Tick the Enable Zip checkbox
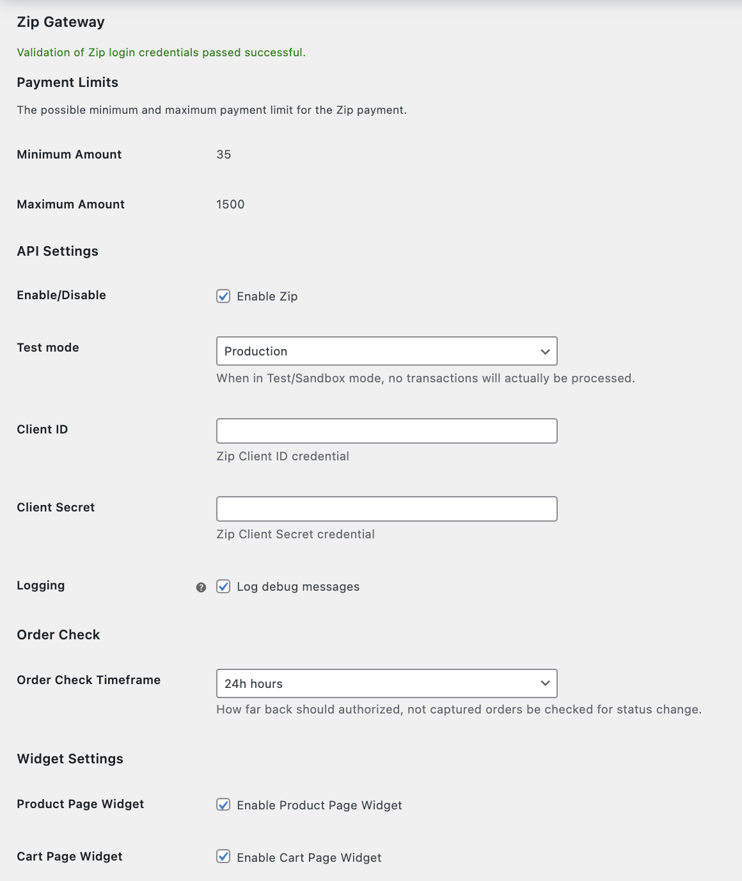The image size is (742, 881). tap(223, 296)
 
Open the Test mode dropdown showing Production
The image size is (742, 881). tap(386, 351)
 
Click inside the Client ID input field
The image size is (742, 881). tap(386, 431)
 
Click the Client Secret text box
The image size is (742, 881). tap(386, 509)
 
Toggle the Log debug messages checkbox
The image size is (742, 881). tap(223, 586)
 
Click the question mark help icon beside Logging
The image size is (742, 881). tap(201, 588)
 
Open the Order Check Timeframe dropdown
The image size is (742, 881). tap(386, 683)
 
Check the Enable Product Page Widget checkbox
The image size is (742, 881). tap(223, 805)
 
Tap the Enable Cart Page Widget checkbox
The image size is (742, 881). tap(223, 857)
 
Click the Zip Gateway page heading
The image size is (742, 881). tap(61, 22)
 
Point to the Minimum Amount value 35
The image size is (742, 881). tap(224, 155)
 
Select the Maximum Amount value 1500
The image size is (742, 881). tap(230, 205)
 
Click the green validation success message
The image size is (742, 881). tap(161, 52)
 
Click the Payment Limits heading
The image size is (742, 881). tap(68, 82)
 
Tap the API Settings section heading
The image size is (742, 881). tap(58, 251)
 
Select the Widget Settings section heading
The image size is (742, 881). tap(70, 759)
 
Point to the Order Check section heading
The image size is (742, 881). tap(58, 635)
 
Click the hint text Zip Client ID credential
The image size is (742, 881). tap(283, 456)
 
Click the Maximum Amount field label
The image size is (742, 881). tap(71, 205)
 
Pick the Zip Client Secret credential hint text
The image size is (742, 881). tap(296, 534)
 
